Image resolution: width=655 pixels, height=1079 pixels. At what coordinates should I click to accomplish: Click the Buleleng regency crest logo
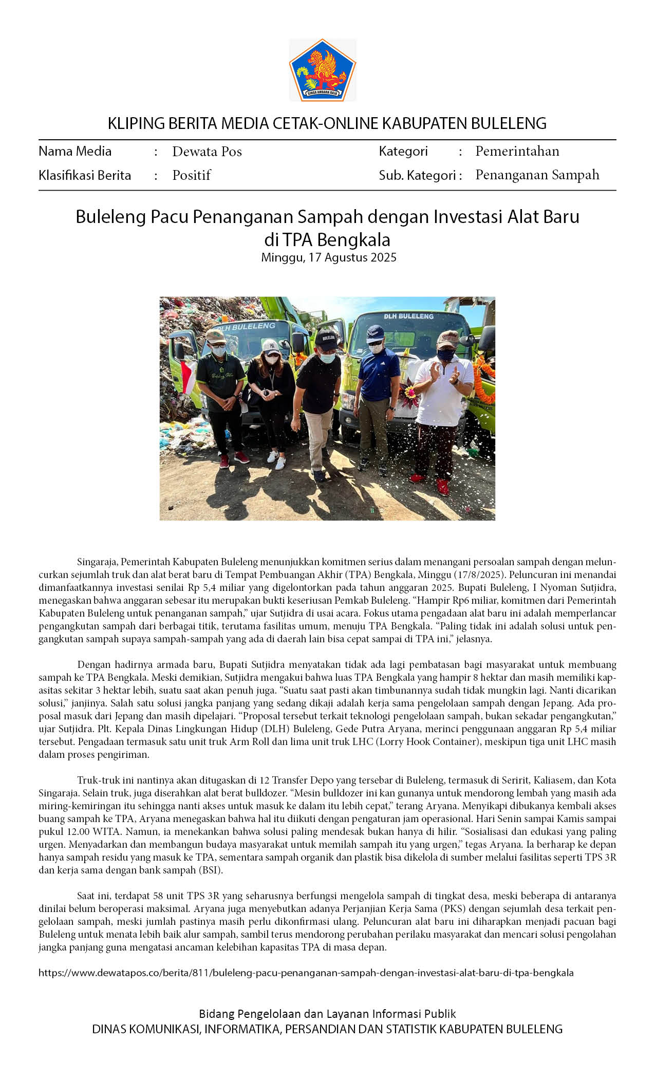coord(323,70)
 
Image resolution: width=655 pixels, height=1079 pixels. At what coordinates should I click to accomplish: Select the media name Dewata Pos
coord(207,152)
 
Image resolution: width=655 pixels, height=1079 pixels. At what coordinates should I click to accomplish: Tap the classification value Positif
coord(192,175)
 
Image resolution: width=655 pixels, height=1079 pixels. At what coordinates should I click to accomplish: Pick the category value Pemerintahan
coord(517,151)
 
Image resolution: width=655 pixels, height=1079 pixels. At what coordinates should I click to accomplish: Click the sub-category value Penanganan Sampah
coord(537,175)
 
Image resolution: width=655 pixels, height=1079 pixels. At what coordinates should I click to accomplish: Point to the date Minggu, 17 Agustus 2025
coord(329,257)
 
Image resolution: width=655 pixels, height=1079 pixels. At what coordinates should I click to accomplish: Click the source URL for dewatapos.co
coord(306,973)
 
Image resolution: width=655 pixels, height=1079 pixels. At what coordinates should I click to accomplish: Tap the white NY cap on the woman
coord(271,346)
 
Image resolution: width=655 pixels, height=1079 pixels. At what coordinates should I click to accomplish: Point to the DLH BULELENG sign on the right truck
coord(408,316)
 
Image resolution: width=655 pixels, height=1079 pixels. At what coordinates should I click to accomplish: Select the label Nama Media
coord(75,151)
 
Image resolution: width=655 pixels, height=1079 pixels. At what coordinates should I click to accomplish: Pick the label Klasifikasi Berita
coord(85,175)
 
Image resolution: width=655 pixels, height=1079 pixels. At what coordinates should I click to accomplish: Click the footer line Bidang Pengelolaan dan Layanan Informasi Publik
coord(327,1013)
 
